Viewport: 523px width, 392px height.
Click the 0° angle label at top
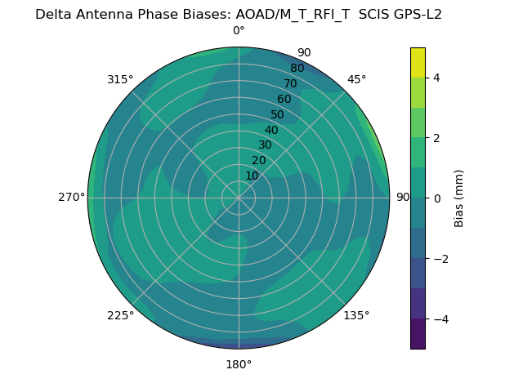(x=239, y=31)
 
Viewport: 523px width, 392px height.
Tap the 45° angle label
(x=356, y=79)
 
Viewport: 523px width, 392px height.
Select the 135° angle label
(x=356, y=315)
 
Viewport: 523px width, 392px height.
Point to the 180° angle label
(x=239, y=364)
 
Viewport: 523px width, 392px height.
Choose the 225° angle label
(x=120, y=315)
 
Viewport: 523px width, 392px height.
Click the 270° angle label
(x=72, y=198)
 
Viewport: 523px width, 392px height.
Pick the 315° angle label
(x=120, y=79)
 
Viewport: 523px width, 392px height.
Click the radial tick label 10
(x=252, y=176)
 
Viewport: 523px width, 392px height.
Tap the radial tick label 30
(x=265, y=145)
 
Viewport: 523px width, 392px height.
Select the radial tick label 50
(x=278, y=115)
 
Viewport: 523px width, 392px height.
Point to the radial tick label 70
(x=291, y=84)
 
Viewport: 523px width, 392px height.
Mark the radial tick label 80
(x=297, y=69)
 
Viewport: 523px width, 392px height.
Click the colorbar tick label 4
(x=437, y=78)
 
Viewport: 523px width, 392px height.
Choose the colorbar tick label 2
(x=437, y=138)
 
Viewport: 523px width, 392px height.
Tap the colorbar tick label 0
(x=437, y=198)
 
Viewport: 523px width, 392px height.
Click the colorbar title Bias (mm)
(x=459, y=198)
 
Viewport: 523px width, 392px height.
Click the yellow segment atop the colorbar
(x=418, y=62)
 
